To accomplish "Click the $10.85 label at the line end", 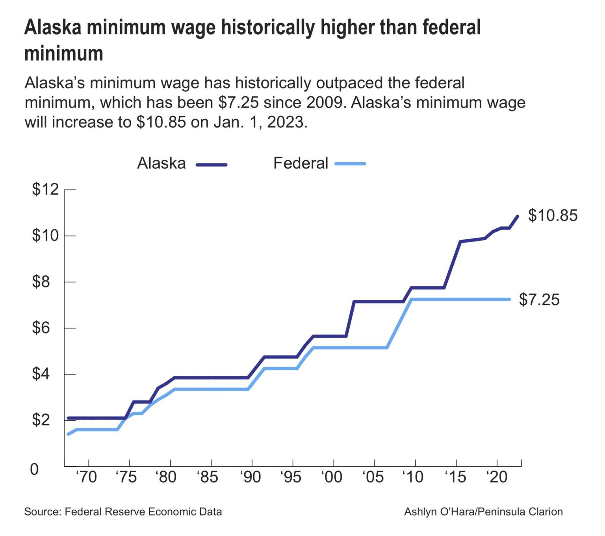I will [552, 215].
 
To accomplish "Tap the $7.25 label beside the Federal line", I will [539, 300].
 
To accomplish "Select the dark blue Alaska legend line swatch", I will [212, 165].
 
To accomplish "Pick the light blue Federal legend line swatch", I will [350, 163].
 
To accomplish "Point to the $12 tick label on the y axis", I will [45, 190].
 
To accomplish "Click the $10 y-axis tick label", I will [45, 236].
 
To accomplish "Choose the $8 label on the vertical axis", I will [41, 282].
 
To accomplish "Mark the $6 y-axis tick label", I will [41, 328].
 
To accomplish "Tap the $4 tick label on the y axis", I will [41, 374].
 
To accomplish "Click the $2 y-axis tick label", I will [41, 420].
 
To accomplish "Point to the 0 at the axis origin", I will [35, 469].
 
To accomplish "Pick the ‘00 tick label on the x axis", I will [331, 477].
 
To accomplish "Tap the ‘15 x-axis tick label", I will [455, 477].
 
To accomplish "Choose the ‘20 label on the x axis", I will [497, 477].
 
